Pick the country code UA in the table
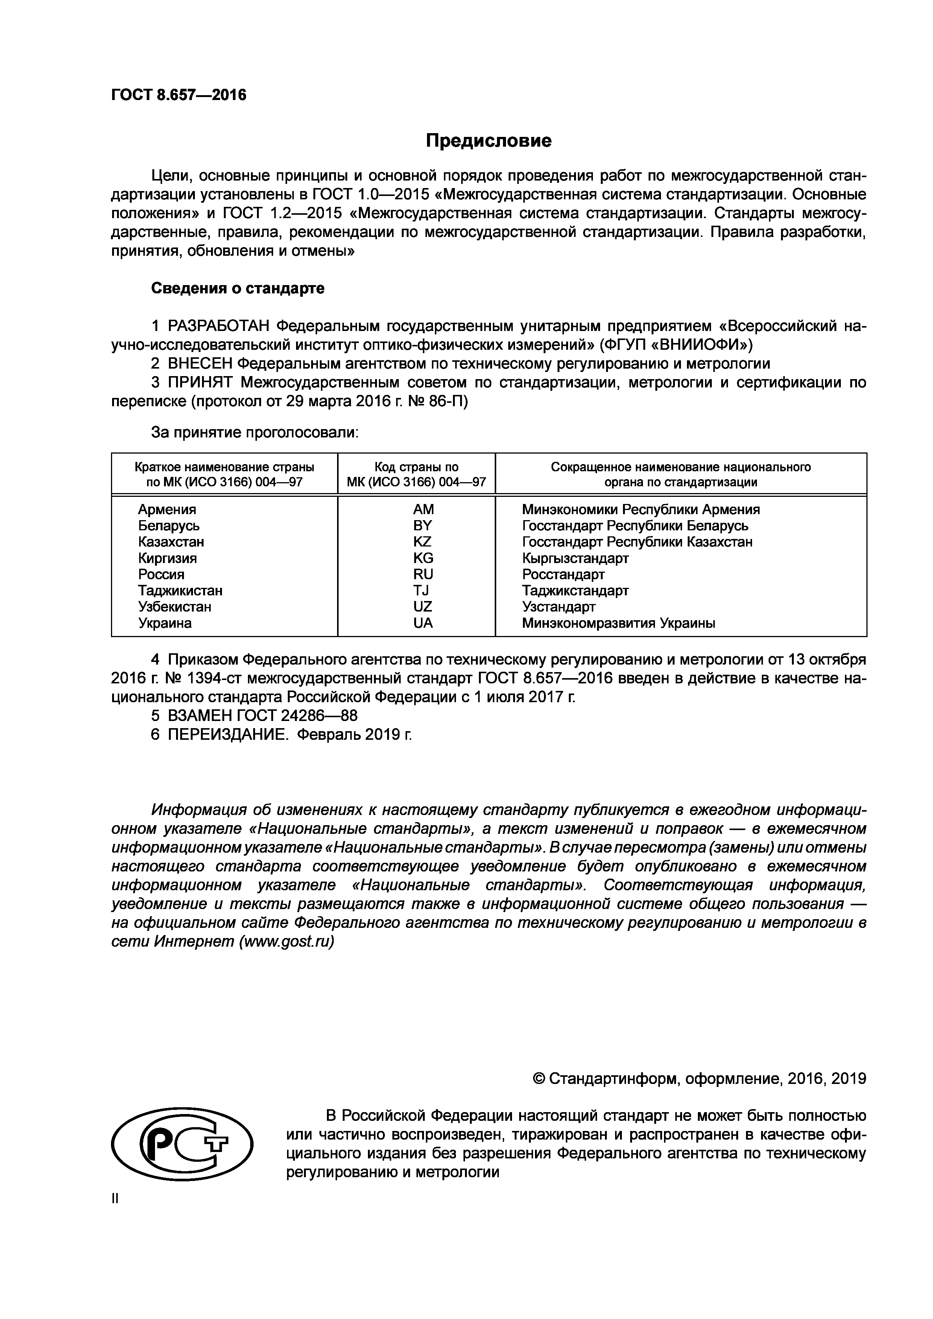pos(423,623)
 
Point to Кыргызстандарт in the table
pos(575,558)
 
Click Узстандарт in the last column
pos(558,607)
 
